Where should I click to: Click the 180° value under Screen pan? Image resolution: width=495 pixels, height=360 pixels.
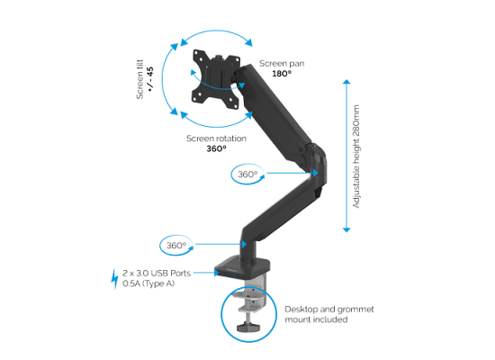click(x=282, y=74)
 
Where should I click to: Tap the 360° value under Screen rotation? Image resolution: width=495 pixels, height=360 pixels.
click(x=216, y=148)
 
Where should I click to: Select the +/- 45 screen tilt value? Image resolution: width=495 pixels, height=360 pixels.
click(x=150, y=79)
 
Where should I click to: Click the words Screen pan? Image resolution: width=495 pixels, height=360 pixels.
click(x=282, y=64)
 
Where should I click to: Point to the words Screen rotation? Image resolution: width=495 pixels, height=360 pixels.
click(x=216, y=139)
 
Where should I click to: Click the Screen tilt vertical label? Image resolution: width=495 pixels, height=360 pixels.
click(x=139, y=79)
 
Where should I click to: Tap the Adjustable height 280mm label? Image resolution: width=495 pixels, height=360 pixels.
click(x=356, y=157)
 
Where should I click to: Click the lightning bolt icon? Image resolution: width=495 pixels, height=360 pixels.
click(x=114, y=279)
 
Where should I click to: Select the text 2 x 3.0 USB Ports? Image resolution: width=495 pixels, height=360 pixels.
click(x=157, y=274)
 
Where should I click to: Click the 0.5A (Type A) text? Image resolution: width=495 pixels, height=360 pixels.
click(x=148, y=283)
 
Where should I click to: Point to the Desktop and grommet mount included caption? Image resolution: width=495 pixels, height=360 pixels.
click(x=329, y=314)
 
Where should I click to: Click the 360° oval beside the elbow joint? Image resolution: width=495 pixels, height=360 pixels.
click(x=247, y=174)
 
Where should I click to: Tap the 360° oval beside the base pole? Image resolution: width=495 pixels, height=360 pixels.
click(x=176, y=245)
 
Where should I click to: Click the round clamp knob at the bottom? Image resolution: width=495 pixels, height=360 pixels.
click(x=248, y=326)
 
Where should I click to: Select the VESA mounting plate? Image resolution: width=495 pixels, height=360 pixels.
click(x=216, y=79)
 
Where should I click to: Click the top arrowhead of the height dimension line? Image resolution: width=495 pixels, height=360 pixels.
click(x=346, y=82)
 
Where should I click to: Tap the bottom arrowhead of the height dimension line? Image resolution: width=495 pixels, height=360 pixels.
click(x=346, y=229)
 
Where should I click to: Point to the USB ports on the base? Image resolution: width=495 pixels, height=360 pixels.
click(x=229, y=274)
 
